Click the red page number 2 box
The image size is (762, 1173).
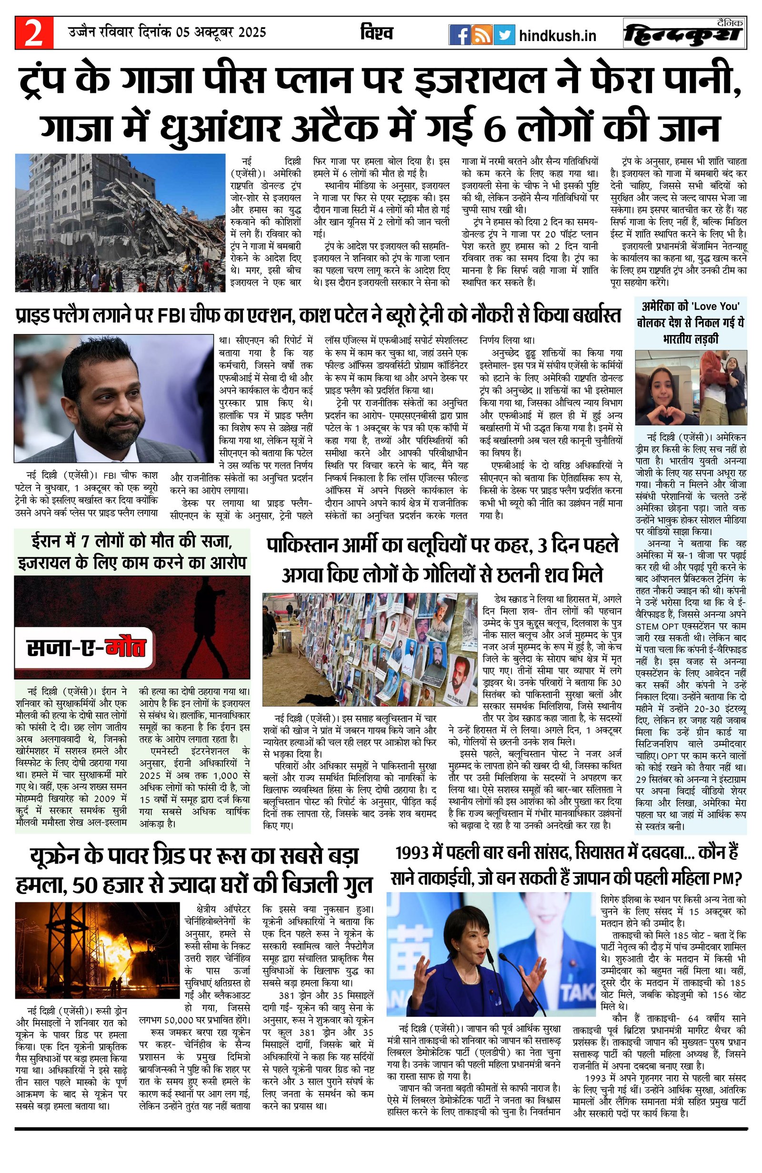pos(33,34)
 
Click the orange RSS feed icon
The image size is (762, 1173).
pos(481,35)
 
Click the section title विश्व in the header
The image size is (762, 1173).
pos(376,33)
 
